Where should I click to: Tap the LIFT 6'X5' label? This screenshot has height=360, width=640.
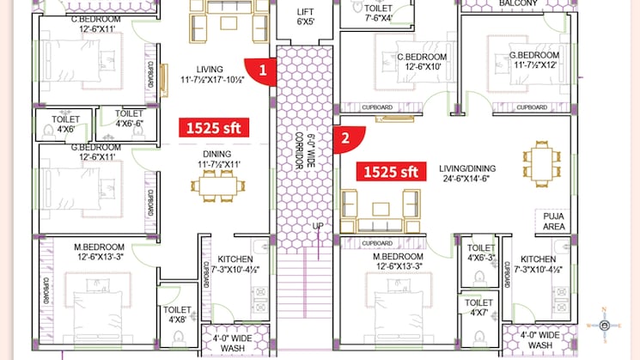[x=305, y=17]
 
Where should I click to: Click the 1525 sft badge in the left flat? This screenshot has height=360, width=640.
[x=213, y=128]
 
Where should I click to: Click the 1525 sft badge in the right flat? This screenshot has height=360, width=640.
[x=391, y=171]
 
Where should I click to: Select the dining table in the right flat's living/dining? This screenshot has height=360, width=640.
[x=540, y=162]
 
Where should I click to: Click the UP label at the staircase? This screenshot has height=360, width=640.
[x=317, y=227]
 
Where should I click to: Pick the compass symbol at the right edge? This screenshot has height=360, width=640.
[x=605, y=326]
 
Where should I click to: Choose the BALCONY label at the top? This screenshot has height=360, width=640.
[x=519, y=4]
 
